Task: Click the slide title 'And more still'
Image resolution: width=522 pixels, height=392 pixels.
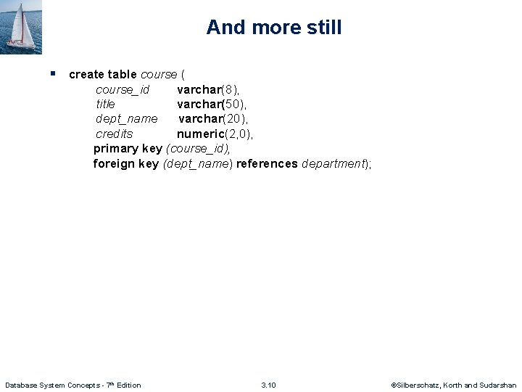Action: tap(274, 28)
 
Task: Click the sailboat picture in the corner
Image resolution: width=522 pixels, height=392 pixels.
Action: tap(21, 27)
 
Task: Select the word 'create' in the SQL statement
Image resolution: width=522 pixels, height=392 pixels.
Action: tap(86, 74)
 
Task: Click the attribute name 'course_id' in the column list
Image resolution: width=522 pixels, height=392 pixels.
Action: tap(123, 89)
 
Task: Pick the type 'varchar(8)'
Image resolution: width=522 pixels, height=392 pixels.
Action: tap(209, 89)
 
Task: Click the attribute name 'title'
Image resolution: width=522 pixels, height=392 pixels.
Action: tap(105, 104)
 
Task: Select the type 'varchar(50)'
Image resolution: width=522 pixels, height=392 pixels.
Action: tap(212, 104)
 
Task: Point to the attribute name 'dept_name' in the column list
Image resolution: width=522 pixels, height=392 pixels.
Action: tap(126, 119)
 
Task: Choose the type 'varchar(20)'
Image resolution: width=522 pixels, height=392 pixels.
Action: tap(214, 119)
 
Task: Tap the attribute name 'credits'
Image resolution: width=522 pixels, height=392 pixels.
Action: tap(115, 134)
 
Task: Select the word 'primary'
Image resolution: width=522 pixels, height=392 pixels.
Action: tap(115, 149)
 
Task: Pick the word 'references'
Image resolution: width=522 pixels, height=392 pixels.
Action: tap(267, 163)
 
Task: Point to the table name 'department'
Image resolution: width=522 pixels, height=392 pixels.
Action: tap(333, 163)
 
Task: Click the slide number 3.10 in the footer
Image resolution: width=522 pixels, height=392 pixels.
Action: tap(268, 385)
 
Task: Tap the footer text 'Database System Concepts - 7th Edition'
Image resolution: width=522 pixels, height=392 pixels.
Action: tap(72, 385)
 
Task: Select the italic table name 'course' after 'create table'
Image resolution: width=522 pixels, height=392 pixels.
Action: tap(159, 74)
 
